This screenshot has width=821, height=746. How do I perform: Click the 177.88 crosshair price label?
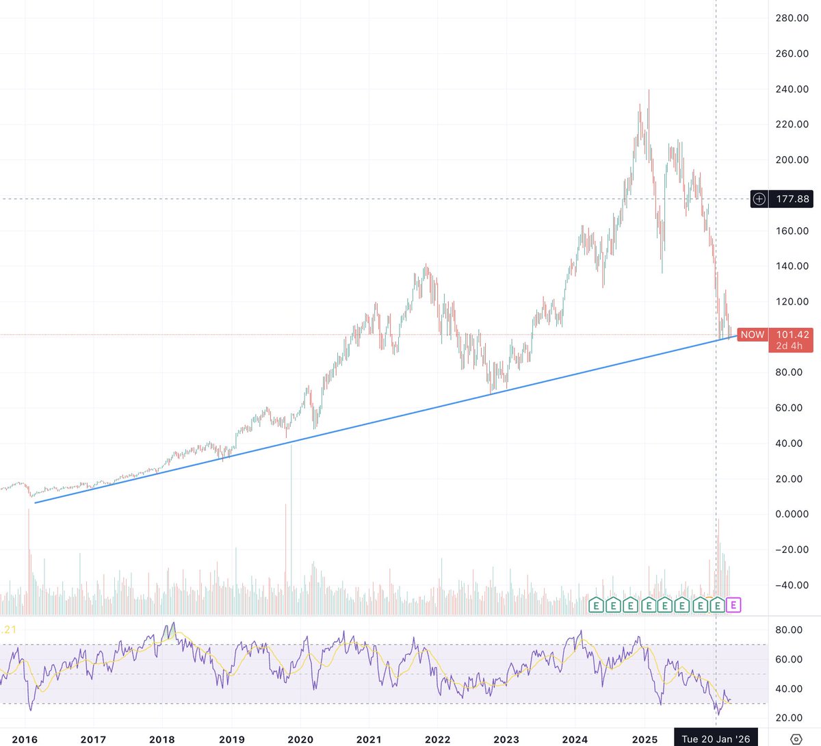792,199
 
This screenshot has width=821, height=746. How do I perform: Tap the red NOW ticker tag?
752,335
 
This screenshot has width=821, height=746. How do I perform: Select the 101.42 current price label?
792,335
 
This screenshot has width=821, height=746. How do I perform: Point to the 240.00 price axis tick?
792,89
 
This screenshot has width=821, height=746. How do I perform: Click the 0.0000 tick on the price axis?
792,514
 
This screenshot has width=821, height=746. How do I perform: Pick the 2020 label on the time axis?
300,739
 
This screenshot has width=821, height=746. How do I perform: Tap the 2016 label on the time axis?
25,739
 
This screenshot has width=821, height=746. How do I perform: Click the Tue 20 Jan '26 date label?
716,739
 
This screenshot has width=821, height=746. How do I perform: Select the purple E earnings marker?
733,605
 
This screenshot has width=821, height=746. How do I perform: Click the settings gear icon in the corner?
796,739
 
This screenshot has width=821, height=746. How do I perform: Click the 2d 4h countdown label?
790,346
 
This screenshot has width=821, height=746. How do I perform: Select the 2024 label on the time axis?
575,739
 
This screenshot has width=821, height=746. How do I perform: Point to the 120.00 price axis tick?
792,301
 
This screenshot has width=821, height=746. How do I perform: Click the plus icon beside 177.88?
759,199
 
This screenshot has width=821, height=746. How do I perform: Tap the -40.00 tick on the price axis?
792,585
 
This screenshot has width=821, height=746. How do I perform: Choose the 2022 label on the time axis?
438,739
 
